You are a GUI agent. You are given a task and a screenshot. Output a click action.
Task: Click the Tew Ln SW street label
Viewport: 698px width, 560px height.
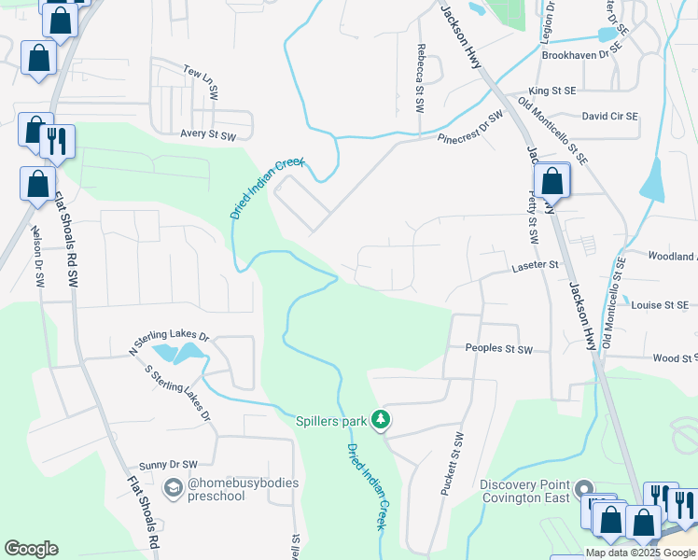point(200,81)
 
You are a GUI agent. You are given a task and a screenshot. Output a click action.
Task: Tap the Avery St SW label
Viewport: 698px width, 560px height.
point(208,135)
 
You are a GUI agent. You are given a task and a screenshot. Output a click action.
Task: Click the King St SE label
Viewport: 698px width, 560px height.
point(552,91)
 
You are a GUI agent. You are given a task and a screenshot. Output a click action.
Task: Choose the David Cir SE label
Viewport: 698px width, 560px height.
point(609,117)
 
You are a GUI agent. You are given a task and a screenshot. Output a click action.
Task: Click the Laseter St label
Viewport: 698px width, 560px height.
point(535,266)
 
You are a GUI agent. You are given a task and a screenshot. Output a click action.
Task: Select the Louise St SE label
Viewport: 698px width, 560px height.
point(660,305)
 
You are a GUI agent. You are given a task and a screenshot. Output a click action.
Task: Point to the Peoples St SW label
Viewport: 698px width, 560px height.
point(498,349)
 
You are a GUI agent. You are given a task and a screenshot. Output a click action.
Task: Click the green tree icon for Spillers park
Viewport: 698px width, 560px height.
point(380,421)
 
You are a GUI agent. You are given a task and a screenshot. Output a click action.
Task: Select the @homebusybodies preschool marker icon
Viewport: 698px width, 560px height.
point(173,487)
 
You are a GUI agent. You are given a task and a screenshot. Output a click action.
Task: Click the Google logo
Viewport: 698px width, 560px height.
point(31,549)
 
